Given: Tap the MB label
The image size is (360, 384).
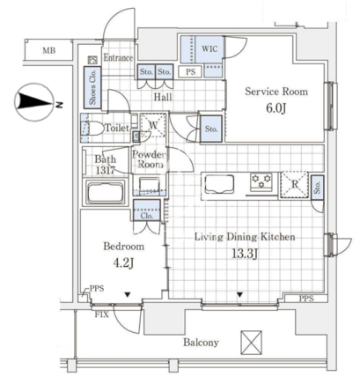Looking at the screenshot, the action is pyautogui.click(x=49, y=51).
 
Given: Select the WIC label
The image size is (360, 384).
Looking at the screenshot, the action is pyautogui.click(x=209, y=48).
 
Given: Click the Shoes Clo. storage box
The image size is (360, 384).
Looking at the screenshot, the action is pyautogui.click(x=92, y=86).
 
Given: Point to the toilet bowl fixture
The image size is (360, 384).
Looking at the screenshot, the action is pyautogui.click(x=92, y=129).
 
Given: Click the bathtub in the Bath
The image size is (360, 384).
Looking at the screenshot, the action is pyautogui.click(x=106, y=193).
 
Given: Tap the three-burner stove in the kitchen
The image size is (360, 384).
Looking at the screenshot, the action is pyautogui.click(x=261, y=181).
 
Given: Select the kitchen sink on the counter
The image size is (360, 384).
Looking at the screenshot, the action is pyautogui.click(x=219, y=184).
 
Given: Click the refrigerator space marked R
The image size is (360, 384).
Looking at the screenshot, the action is pyautogui.click(x=294, y=184).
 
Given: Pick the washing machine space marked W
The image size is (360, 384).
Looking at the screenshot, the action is pyautogui.click(x=153, y=126).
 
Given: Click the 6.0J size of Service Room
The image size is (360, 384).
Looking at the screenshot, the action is pyautogui.click(x=276, y=108).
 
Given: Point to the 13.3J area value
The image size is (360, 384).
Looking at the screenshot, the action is pyautogui.click(x=245, y=254).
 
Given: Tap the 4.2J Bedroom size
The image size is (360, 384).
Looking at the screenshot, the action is pyautogui.click(x=123, y=262).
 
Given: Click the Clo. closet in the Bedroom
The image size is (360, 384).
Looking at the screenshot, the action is pyautogui.click(x=147, y=210).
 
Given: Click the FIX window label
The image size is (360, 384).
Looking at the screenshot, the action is pyautogui.click(x=102, y=314).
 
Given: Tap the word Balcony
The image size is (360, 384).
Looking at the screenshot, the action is pyautogui.click(x=201, y=343).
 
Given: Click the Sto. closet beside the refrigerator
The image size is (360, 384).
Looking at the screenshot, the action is pyautogui.click(x=317, y=188).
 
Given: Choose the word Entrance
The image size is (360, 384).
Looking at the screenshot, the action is pyautogui.click(x=118, y=57).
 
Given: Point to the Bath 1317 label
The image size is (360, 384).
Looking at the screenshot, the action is pyautogui.click(x=105, y=165).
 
